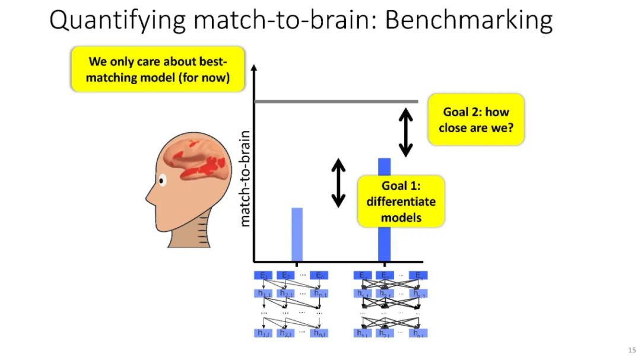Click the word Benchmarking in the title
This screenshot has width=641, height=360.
point(469,21)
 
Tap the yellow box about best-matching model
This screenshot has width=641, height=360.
point(158,69)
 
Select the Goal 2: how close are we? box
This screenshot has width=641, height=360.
point(476,119)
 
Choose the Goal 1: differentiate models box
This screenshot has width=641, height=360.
point(401,202)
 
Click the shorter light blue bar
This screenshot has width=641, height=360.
point(297,234)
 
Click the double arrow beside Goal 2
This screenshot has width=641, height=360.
point(405,132)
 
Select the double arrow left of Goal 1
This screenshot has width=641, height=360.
point(338,183)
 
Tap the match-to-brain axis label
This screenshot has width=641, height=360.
point(245,178)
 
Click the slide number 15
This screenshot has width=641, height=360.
point(631,349)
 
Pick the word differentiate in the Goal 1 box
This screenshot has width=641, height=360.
point(401,202)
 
